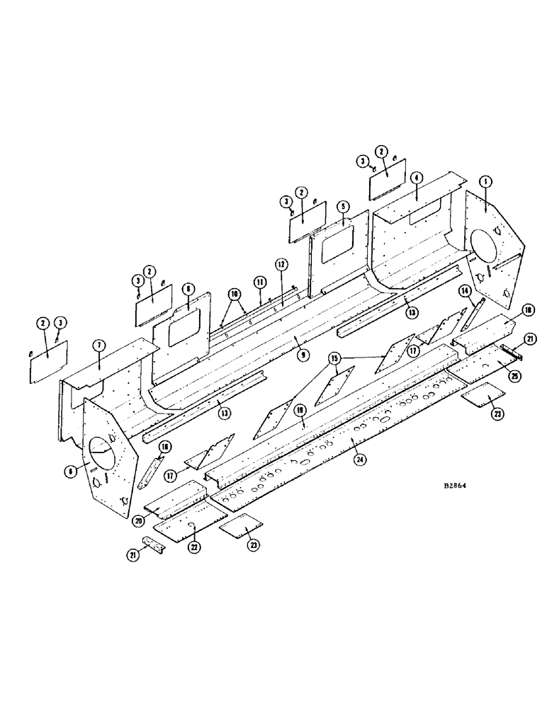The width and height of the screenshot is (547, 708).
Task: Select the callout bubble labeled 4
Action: click(417, 178)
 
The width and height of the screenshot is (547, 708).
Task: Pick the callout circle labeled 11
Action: click(260, 282)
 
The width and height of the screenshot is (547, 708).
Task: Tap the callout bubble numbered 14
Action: click(464, 290)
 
